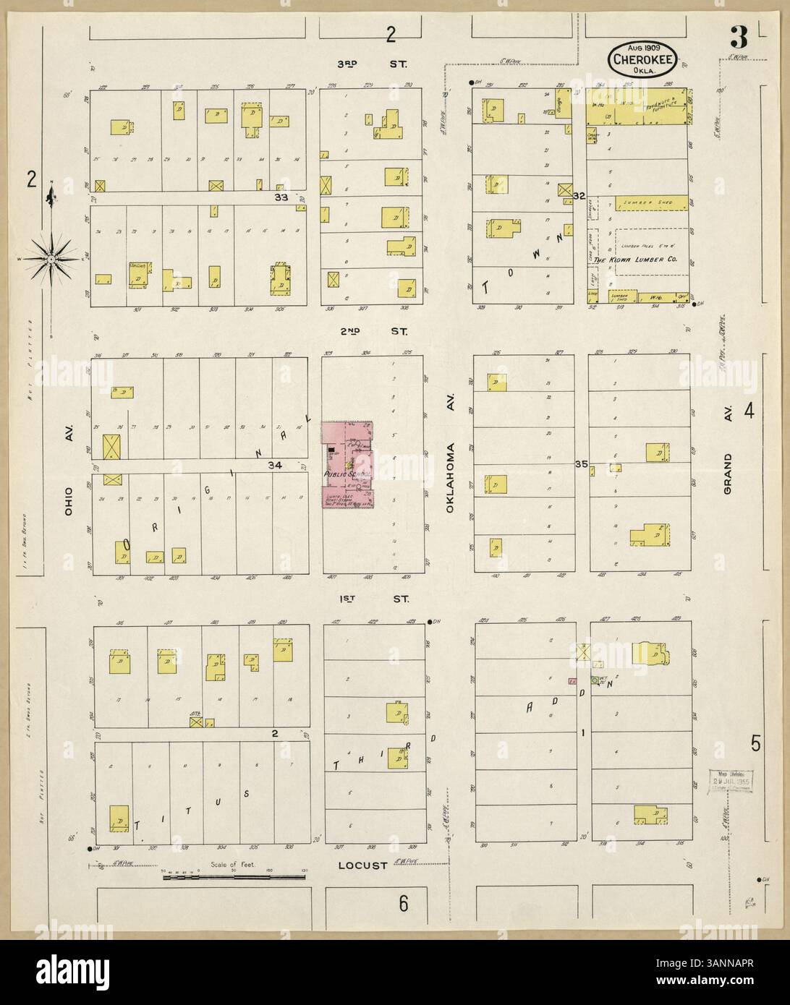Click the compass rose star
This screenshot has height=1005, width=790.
(x=52, y=257)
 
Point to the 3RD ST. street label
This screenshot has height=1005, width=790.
(x=373, y=64)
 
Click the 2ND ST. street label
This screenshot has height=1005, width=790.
(x=373, y=332)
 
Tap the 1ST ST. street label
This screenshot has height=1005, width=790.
(x=373, y=599)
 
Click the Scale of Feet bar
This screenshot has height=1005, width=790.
(x=234, y=877)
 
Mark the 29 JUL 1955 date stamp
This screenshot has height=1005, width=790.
(x=730, y=780)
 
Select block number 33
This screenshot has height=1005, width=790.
(x=280, y=197)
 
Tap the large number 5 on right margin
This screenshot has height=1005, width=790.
(x=755, y=743)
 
